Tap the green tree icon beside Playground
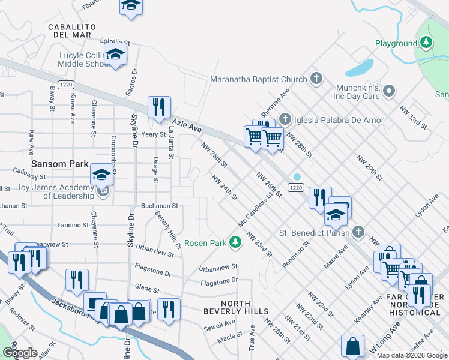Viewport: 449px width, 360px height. point(426,43)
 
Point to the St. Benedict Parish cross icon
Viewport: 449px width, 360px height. point(358,232)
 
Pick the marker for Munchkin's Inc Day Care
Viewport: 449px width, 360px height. point(388,91)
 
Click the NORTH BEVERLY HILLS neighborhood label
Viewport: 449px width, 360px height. point(235,307)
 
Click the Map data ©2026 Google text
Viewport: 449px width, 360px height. point(412,355)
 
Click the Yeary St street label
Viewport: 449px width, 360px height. point(154,134)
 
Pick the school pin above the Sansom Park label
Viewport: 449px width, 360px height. point(101,175)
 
